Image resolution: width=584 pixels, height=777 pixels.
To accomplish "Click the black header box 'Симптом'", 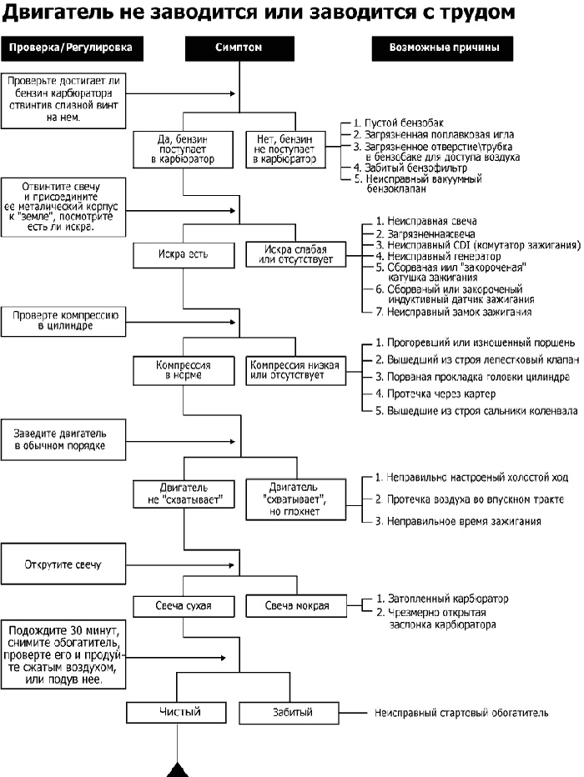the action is coord(239,48).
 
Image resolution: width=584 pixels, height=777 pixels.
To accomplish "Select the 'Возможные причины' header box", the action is coord(443,48).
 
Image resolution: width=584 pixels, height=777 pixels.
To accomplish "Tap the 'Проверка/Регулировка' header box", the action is coord(72,48).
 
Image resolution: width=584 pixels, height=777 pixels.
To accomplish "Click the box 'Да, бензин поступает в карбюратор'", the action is coord(183,149).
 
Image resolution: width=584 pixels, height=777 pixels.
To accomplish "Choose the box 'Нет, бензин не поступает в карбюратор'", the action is coord(286,149).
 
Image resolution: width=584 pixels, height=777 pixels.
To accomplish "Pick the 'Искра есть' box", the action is coord(184,255).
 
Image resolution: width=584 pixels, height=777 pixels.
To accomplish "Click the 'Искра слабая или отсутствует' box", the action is coord(296,255).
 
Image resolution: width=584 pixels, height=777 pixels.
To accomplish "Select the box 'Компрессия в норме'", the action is coord(184,371).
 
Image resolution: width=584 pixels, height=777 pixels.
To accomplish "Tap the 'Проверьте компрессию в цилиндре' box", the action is coord(63,322).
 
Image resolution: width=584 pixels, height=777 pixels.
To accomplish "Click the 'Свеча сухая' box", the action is coord(184,606).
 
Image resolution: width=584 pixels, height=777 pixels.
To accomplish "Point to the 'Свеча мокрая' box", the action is coord(296,606).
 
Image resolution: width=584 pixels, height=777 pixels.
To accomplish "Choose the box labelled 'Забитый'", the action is coord(289,713).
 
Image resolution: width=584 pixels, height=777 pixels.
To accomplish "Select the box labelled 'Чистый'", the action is coord(177,713).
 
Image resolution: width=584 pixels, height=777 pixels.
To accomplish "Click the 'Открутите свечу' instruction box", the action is coord(63,564).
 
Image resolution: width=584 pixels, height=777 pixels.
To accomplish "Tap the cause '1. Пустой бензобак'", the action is coord(399,123).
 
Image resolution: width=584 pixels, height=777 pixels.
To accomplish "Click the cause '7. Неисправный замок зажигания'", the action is coord(454,312).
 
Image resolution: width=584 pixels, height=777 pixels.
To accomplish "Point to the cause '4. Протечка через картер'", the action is coord(435,394).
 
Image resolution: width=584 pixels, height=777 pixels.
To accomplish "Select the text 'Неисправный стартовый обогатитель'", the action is coord(461,713).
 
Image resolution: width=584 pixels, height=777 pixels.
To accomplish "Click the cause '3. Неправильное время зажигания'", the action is coord(457,521).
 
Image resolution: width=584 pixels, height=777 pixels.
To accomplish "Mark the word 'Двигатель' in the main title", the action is coord(57,13).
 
